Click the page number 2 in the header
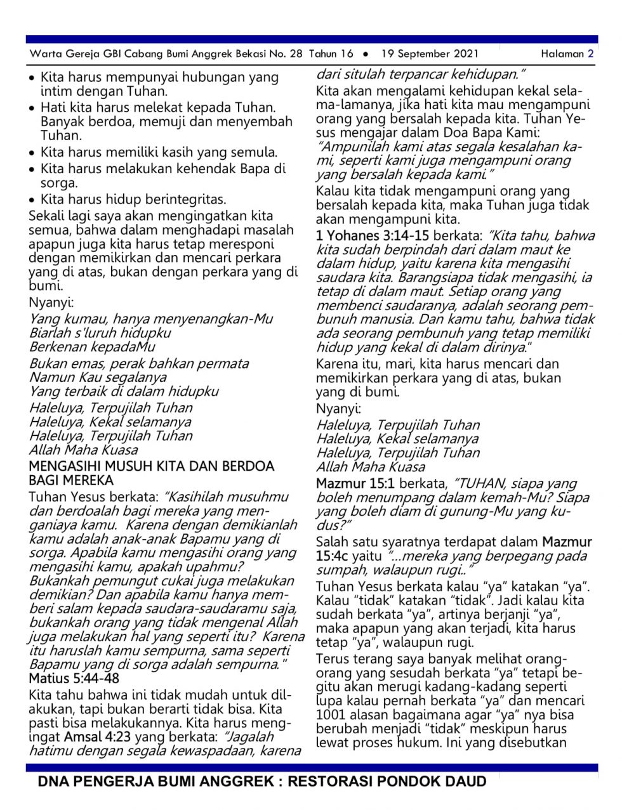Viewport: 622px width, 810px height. pyautogui.click(x=590, y=54)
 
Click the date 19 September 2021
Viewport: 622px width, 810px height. pyautogui.click(x=430, y=54)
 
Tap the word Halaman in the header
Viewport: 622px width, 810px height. pyautogui.click(x=562, y=54)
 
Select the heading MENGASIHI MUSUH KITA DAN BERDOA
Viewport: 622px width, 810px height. pyautogui.click(x=151, y=466)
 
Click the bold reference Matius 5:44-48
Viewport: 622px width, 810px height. pyautogui.click(x=74, y=678)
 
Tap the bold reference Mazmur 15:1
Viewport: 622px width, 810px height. pyautogui.click(x=355, y=483)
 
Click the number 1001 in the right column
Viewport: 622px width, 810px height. pyautogui.click(x=330, y=715)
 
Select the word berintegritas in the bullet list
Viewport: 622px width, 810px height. pyautogui.click(x=184, y=199)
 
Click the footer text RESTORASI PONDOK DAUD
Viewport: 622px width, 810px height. pyautogui.click(x=387, y=781)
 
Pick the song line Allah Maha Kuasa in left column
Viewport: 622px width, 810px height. pyautogui.click(x=83, y=450)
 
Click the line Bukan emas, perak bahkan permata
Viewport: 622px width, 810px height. pyautogui.click(x=139, y=363)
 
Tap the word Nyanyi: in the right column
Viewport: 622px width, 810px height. pyautogui.click(x=338, y=408)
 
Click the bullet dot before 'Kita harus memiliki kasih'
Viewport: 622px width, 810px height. pyautogui.click(x=32, y=153)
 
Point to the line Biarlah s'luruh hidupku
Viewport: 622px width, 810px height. pyautogui.click(x=100, y=332)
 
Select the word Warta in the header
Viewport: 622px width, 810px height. pyautogui.click(x=44, y=54)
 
